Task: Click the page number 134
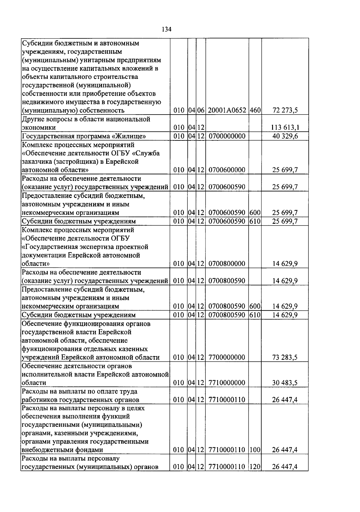point(166,29)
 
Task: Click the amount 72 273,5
point(285,110)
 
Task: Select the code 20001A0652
point(227,110)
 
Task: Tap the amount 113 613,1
point(285,127)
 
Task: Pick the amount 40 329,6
point(285,136)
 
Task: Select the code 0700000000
point(227,136)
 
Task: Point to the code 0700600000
point(227,170)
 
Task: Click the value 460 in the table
point(255,110)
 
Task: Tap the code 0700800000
point(227,264)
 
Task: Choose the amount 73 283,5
point(285,358)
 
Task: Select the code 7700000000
point(227,358)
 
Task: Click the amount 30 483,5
point(285,383)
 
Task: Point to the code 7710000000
point(227,383)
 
